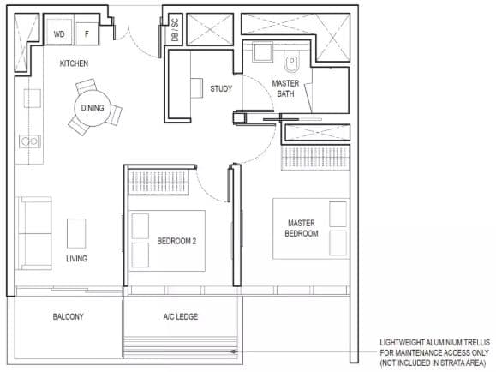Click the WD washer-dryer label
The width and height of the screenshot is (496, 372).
(59, 34)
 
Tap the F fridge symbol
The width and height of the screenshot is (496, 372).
(87, 33)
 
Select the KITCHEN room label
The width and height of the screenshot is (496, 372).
(74, 63)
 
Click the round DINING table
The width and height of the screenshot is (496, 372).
(93, 108)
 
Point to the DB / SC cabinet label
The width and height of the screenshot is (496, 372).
(175, 29)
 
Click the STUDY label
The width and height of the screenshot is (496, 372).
(221, 88)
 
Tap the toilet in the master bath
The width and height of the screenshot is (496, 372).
(291, 63)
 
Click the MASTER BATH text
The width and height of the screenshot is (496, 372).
(285, 88)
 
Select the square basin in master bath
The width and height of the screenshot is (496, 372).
(262, 51)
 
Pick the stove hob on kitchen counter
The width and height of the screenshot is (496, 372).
(30, 141)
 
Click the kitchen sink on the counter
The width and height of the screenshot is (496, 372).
(33, 99)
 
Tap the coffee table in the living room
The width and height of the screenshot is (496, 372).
(76, 234)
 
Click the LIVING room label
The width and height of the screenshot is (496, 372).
(76, 259)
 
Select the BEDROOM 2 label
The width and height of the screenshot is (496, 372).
(176, 241)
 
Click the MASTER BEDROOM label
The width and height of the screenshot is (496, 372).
(302, 228)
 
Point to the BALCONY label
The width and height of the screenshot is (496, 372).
(68, 316)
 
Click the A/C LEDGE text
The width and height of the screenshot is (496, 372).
(181, 316)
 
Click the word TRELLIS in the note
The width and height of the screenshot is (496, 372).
(477, 342)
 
